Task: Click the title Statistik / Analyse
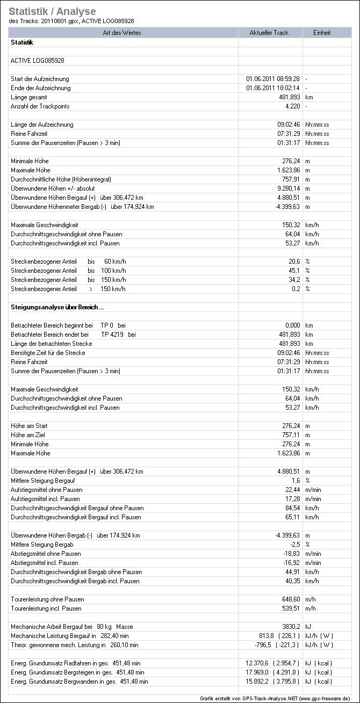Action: coord(52,11)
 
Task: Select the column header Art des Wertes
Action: coord(122,33)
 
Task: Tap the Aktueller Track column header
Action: coord(269,33)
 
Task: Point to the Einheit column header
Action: coord(322,33)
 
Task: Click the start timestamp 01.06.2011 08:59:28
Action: coord(273,79)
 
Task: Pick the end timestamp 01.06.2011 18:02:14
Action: coord(273,88)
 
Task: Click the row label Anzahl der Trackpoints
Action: coord(40,106)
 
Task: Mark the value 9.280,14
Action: coord(287,189)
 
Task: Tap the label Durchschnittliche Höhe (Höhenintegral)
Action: coord(61,179)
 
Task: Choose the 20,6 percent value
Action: coord(294,262)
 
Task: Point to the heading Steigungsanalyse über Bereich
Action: coord(57,307)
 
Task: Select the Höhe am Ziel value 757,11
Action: coord(290,435)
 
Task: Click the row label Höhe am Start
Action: coord(30,426)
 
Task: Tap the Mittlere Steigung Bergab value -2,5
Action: coord(294,545)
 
